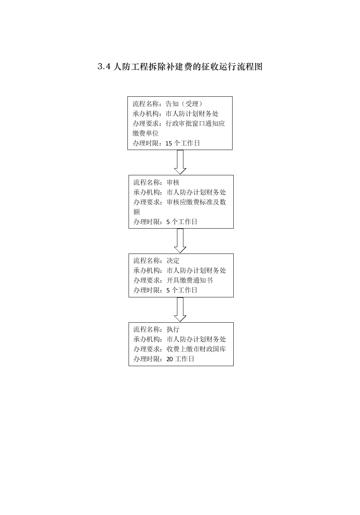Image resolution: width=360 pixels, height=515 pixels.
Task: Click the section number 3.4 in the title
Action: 104,67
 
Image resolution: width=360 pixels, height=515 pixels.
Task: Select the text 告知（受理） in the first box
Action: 185,104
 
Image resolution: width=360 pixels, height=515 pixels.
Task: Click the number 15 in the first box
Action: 169,144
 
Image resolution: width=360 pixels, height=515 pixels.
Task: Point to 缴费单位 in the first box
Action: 146,133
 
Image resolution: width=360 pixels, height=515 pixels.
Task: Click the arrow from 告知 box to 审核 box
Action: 180,162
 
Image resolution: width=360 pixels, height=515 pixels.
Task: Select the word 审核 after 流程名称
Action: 173,182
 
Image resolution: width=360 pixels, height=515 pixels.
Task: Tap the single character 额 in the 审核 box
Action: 137,212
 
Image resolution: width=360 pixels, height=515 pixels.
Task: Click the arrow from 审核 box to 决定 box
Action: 180,241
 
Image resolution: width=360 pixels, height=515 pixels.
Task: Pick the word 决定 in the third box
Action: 173,261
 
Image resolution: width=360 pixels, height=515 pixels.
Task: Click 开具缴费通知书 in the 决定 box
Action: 190,280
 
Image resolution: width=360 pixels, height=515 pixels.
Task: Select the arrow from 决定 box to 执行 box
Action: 180,309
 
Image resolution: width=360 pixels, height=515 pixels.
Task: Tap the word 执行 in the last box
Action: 173,329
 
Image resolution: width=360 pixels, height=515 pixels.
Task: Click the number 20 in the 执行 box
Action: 170,359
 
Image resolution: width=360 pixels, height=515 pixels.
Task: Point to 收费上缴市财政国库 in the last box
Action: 196,349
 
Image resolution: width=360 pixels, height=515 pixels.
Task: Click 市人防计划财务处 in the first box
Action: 192,114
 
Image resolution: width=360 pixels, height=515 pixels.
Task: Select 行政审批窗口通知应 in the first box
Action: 195,124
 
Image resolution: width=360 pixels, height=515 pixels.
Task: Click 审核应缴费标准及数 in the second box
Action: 196,202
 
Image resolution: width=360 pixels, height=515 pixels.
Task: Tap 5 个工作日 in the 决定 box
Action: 182,290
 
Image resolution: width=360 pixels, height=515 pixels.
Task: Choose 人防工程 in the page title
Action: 127,67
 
